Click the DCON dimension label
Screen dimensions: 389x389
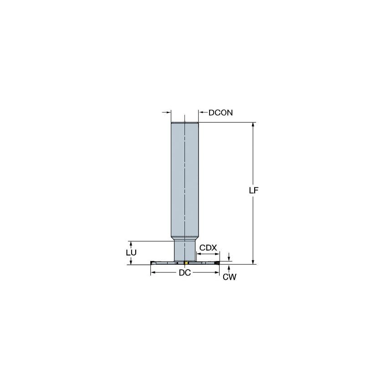220,113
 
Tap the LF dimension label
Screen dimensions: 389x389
253,191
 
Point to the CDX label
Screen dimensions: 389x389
208,247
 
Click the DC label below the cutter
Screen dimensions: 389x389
184,273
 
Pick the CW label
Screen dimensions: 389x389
229,277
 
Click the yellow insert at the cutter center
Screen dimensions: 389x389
186,263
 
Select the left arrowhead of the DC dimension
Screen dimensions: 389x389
153,272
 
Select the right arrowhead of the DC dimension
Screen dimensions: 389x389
217,272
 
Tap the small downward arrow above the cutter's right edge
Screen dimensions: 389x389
229,257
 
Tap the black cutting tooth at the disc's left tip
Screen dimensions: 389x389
153,263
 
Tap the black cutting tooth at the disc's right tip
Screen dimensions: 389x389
217,263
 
